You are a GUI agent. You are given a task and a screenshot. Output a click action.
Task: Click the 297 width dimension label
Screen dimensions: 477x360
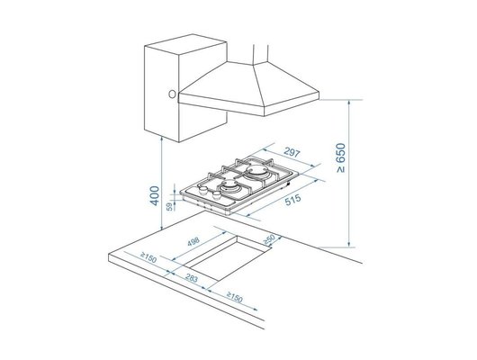coord(292,152)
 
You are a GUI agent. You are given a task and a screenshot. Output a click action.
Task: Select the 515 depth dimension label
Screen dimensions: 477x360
coord(292,199)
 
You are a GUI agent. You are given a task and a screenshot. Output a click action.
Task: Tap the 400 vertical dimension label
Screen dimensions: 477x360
coord(155,195)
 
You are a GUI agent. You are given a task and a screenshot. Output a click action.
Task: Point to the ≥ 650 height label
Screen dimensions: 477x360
coord(341,157)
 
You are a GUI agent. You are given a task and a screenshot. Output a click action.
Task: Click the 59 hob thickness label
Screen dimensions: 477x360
coord(170,207)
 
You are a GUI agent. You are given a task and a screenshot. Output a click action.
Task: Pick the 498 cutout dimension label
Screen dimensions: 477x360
coord(193,241)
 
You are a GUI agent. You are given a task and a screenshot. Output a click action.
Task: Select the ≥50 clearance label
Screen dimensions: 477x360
coord(269,239)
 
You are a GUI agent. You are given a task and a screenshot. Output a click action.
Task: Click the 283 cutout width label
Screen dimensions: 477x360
coord(192,278)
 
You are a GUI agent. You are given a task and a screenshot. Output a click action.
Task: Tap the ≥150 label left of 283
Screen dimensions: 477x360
coord(148,257)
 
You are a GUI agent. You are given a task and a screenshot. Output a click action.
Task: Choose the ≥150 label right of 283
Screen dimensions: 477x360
coord(235,297)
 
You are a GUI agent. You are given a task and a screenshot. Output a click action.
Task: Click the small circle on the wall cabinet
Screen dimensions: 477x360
coord(172,94)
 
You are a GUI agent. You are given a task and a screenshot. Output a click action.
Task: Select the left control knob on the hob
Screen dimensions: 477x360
coord(202,191)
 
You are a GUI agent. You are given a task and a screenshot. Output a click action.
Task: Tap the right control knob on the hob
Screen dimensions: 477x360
coord(217,194)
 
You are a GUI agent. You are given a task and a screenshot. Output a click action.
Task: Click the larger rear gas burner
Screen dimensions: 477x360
coord(256,170)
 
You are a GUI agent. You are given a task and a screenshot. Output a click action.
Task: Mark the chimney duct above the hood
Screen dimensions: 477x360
coord(261,55)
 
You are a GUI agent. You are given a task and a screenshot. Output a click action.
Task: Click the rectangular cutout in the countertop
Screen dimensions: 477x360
coord(228,257)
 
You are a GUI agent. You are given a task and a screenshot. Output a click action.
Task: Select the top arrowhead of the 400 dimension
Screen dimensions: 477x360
coord(162,139)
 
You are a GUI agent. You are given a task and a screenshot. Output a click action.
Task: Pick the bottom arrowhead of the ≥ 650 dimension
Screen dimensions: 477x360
coord(349,245)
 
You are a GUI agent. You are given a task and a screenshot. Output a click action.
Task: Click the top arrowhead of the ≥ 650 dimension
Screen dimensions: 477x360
coord(349,103)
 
